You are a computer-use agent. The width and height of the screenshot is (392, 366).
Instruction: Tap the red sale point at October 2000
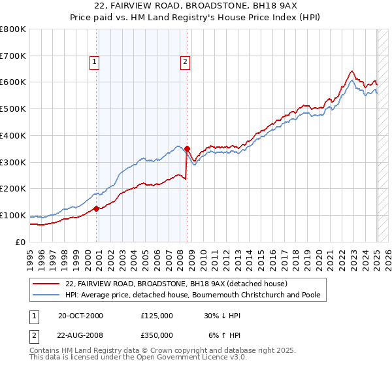click(97, 208)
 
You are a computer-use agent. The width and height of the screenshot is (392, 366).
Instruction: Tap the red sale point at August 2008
click(188, 148)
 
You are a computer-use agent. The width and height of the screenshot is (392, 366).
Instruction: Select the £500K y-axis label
click(13, 109)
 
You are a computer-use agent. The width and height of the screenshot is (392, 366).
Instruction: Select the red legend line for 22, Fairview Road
click(46, 284)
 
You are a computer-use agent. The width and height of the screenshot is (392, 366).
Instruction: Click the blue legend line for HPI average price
click(46, 295)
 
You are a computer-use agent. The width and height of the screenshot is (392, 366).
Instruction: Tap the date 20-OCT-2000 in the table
click(80, 316)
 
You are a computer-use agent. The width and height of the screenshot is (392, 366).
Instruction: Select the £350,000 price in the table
click(157, 335)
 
